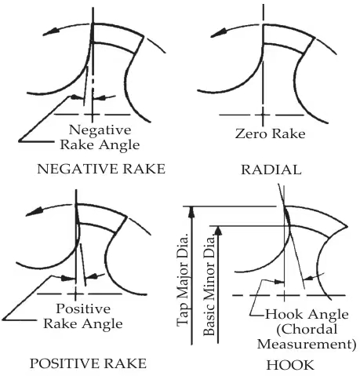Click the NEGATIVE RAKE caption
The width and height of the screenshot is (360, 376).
coord(101,169)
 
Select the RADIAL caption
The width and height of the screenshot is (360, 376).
coord(271,170)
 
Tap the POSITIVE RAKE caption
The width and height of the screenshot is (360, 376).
coord(88,363)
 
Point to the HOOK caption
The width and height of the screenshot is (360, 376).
coord(290,365)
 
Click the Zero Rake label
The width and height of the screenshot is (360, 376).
coord(270,133)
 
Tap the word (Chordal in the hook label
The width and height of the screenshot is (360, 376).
coord(307,329)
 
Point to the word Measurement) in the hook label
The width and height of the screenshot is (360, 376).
coord(307,344)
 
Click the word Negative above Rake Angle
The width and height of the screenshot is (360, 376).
coord(100,130)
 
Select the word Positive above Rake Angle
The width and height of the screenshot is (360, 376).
coord(83,309)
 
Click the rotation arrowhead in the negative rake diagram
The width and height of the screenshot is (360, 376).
coord(50,31)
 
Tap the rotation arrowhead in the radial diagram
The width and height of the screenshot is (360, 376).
coord(218,34)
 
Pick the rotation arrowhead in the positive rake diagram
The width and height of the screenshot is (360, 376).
coord(34,212)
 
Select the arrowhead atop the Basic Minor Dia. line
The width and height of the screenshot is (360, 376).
coord(219,231)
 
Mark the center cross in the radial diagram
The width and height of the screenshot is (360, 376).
coord(263,115)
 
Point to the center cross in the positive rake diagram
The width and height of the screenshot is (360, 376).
coord(75,294)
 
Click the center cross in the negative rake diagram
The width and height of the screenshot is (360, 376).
coord(93,115)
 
